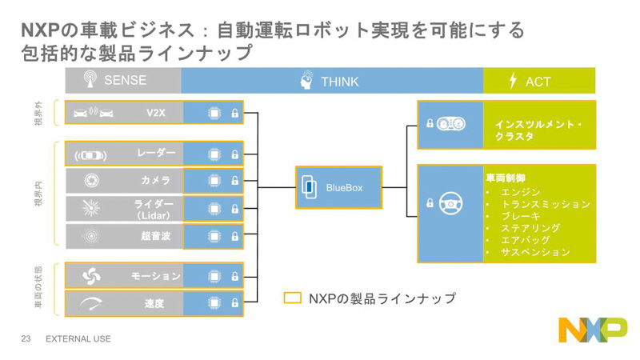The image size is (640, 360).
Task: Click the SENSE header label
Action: coord(126,81)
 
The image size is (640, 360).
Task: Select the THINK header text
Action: coord(339,82)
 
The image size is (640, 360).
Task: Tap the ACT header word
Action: coord(538,82)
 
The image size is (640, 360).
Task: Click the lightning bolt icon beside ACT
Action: coord(513,81)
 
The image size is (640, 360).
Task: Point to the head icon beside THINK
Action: coord(307,80)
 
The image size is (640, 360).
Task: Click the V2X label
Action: coord(155,113)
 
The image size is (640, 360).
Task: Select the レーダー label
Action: coord(156,153)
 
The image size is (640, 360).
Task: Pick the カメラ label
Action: coord(156,181)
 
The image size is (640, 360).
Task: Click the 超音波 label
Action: coord(156,236)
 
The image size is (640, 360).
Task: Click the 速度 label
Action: coord(155,303)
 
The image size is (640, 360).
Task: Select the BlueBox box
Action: coord(338,187)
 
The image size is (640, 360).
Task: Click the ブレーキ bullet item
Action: coord(520,216)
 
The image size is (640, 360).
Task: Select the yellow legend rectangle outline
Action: coord(293,298)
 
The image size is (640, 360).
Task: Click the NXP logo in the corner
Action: coord(592,329)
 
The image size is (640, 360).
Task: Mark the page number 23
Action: coord(25,339)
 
